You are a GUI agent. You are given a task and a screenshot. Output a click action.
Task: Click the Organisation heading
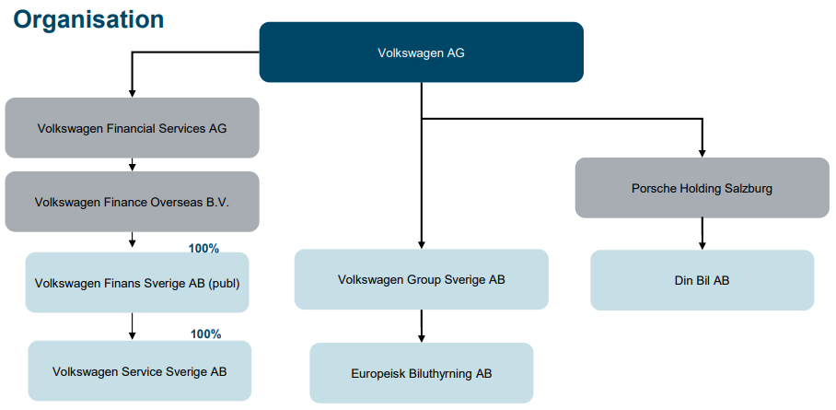[x=88, y=18]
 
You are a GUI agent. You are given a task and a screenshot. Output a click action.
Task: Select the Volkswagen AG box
[x=421, y=53]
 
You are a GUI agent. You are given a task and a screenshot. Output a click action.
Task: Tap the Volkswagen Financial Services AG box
[x=132, y=128]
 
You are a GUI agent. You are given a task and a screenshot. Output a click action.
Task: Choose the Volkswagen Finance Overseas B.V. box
[x=132, y=201]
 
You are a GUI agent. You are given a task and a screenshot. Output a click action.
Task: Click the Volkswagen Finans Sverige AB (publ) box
[x=137, y=283]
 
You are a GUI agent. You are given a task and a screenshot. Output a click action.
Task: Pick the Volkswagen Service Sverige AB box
[x=139, y=371]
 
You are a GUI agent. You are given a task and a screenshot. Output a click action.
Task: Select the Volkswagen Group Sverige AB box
[x=421, y=279]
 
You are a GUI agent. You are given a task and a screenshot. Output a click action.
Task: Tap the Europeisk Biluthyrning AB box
[x=421, y=373]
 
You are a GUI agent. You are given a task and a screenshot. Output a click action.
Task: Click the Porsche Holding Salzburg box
[x=702, y=188]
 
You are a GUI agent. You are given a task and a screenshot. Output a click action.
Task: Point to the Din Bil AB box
[x=702, y=280]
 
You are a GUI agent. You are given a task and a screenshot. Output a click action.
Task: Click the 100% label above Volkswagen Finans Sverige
[x=203, y=249]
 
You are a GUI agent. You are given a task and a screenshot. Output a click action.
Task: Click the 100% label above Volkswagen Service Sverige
[x=205, y=334]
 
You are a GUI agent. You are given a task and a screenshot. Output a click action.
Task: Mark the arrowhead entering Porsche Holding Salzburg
[x=702, y=152]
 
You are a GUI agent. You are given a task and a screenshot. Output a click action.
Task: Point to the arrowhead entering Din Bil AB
[x=702, y=245]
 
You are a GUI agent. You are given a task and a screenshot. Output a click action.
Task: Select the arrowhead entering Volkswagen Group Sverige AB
[x=422, y=244]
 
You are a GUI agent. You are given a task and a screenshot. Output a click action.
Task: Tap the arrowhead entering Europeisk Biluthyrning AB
[x=422, y=338]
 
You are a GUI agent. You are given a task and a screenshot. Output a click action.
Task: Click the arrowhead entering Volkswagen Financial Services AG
[x=133, y=93]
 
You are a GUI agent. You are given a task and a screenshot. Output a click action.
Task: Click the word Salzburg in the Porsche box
[x=748, y=188]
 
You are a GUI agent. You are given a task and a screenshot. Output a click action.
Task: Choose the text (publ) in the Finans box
[x=224, y=283]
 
